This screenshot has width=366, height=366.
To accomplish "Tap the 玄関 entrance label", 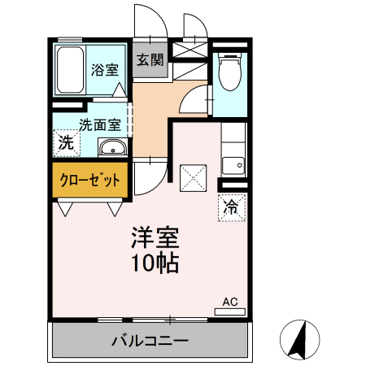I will (150, 59).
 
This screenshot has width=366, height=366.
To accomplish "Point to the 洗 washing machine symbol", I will (65, 142).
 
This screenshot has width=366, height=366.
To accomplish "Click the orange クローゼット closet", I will (90, 180).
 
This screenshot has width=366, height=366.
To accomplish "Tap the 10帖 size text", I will (156, 263).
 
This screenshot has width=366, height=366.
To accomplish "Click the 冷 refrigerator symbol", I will (231, 207).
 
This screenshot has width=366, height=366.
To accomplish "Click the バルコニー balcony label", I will (150, 340).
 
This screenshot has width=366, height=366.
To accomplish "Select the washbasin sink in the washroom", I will (111, 148).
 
